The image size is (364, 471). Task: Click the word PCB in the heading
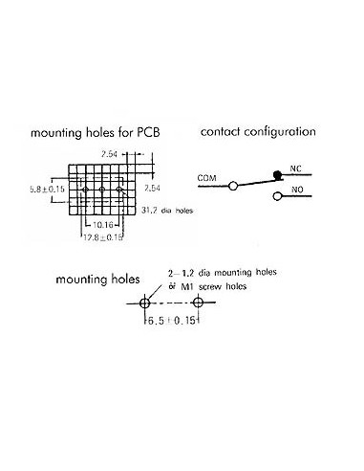tap(155, 132)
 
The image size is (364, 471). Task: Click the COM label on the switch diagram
tap(207, 178)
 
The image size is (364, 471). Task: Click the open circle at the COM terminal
tap(232, 189)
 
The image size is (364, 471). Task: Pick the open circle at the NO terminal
tap(278, 198)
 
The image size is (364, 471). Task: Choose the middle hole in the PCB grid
tap(100, 191)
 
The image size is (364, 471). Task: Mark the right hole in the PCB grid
tap(120, 191)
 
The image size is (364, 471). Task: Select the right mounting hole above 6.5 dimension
tap(198, 303)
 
